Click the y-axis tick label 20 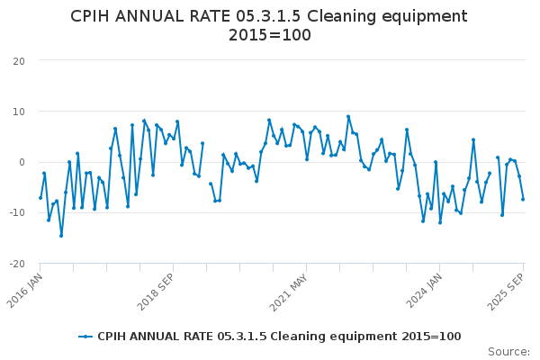click(x=18, y=60)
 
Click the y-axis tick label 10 click(x=18, y=112)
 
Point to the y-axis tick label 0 click(x=21, y=162)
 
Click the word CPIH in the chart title click(x=94, y=16)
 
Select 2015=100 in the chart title click(x=270, y=35)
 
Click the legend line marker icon click(x=85, y=337)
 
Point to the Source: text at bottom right click(x=508, y=351)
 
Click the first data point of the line click(x=40, y=198)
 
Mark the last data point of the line click(x=523, y=199)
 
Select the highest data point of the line click(x=348, y=116)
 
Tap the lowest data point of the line click(x=61, y=236)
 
